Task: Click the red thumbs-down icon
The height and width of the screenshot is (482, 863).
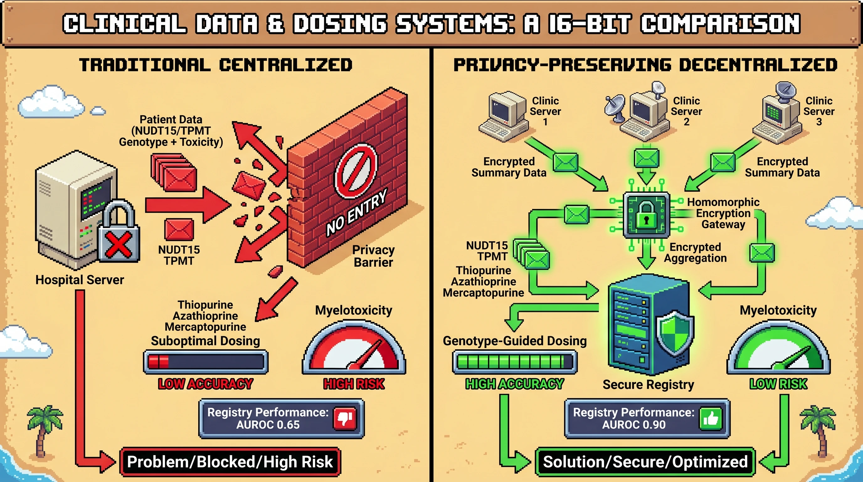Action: [345, 418]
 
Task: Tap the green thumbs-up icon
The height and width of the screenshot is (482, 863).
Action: [710, 418]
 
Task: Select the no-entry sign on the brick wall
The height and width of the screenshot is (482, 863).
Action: [356, 172]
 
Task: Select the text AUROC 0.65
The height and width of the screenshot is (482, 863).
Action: [268, 425]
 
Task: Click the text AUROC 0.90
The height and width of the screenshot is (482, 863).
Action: [633, 425]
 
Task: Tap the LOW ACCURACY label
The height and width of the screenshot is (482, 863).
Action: [205, 384]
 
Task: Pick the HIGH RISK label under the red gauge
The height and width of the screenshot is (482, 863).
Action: [354, 384]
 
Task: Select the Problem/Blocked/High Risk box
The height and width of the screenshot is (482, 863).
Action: [230, 462]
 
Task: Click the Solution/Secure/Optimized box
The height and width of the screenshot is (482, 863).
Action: [645, 462]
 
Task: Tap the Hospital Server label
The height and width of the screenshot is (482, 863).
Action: [80, 280]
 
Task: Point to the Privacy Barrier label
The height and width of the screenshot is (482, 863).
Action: [373, 256]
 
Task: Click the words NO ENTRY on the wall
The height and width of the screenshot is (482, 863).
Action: [357, 212]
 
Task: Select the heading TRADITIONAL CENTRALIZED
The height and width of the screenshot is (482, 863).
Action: [216, 65]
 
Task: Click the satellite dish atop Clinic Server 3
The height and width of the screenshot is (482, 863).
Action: [785, 90]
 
